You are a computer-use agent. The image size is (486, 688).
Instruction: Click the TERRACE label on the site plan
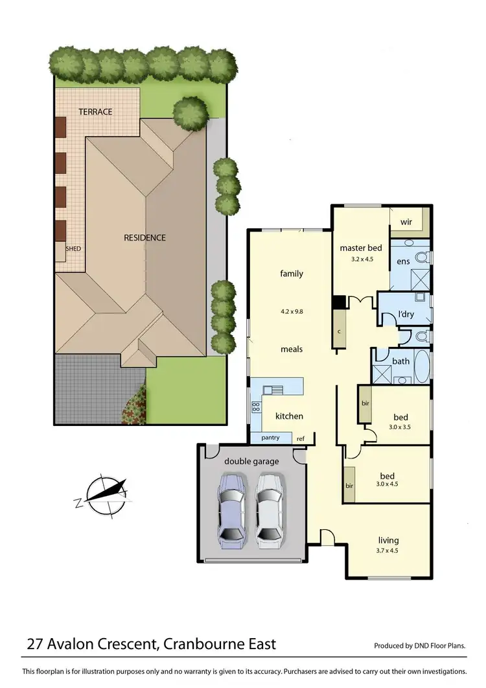(x=95, y=112)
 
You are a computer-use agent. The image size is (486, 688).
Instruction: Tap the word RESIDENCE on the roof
(x=145, y=237)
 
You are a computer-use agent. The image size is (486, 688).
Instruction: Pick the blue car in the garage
(x=231, y=508)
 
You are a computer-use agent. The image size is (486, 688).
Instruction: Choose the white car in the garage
(x=270, y=508)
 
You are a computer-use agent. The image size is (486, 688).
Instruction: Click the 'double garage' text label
(x=251, y=461)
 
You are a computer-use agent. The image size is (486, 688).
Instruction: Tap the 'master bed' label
(x=361, y=248)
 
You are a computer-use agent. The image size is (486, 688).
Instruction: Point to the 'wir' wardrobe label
(x=406, y=222)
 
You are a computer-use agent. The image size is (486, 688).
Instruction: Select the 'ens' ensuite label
(x=402, y=262)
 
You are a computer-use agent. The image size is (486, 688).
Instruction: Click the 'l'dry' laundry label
(x=406, y=314)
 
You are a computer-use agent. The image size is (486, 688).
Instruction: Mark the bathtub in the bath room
(x=421, y=366)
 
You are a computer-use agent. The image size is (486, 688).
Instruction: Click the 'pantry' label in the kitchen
(x=270, y=438)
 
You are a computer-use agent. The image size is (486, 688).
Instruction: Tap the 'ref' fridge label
(x=300, y=439)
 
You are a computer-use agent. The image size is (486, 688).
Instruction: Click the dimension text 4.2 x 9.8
(x=291, y=311)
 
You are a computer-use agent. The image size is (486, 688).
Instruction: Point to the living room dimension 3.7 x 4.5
(x=389, y=551)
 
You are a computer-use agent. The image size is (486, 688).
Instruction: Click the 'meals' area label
(x=292, y=349)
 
